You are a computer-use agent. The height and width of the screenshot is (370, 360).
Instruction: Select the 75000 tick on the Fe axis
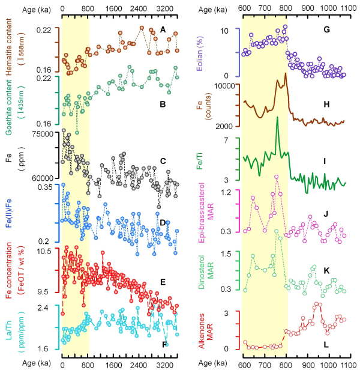click(x=40, y=134)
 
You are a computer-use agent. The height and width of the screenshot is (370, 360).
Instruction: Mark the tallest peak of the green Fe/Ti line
click(x=277, y=117)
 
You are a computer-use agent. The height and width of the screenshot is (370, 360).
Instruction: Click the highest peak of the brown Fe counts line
click(x=285, y=73)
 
